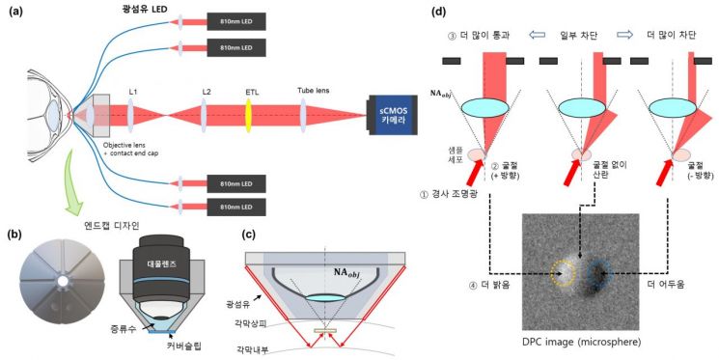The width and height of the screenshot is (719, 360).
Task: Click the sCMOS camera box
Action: click(x=392, y=115)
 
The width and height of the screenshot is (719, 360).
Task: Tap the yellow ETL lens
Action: click(x=249, y=116)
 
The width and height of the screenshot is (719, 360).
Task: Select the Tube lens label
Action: click(x=314, y=91)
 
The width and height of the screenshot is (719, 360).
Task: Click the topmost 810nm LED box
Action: click(x=236, y=21)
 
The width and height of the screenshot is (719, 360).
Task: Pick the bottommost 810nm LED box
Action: click(x=236, y=207)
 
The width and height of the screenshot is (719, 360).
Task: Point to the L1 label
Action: click(x=133, y=93)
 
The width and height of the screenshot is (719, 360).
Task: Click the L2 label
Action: click(x=205, y=93)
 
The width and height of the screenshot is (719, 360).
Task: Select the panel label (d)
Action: click(x=439, y=13)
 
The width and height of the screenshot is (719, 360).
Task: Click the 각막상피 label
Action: click(x=252, y=324)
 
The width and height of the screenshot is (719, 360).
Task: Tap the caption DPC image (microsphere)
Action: click(x=581, y=342)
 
